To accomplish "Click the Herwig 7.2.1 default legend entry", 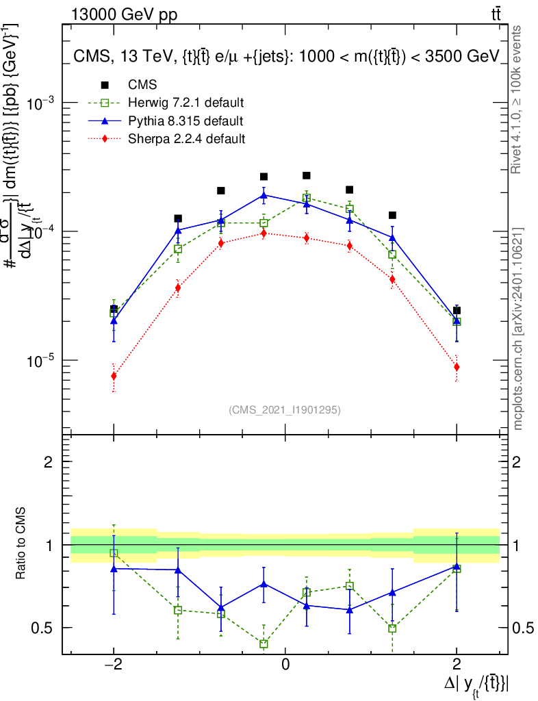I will tap(185, 103).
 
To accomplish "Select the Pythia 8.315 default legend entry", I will tap(185, 121).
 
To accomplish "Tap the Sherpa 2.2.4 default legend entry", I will tap(187, 139).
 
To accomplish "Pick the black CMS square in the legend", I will tap(105, 85).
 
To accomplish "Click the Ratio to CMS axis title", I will tap(21, 545).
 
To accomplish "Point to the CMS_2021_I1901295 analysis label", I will tap(285, 410).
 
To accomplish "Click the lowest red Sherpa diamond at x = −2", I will tap(114, 376).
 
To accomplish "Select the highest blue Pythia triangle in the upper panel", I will tap(264, 195).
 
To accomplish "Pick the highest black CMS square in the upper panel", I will tap(307, 175).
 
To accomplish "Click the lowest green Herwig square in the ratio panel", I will tap(264, 643).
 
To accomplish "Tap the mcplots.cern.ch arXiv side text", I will tap(518, 329).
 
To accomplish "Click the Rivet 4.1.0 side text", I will tap(518, 99).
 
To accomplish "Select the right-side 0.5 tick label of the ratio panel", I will tap(521, 628).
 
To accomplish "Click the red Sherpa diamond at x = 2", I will tap(457, 367).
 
